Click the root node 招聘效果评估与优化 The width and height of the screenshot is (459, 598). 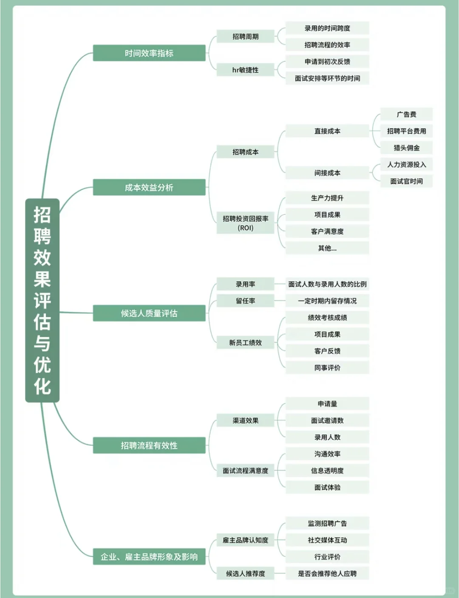tap(42, 300)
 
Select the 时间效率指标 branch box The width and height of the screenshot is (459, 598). tap(149, 53)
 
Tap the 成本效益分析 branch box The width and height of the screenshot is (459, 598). tap(149, 187)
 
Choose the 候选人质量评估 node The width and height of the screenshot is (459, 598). tap(149, 313)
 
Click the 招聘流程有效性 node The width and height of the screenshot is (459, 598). tap(149, 445)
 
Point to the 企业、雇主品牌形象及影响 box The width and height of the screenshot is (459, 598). tap(149, 556)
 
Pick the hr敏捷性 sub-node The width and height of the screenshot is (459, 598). tap(245, 70)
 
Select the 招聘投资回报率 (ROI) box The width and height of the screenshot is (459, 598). tap(245, 223)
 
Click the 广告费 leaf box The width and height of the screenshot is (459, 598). tap(406, 114)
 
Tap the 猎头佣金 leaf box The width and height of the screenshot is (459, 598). tap(406, 148)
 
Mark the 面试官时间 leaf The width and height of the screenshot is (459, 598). tap(406, 181)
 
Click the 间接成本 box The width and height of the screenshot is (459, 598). tap(327, 173)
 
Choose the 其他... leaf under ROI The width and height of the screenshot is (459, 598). tap(327, 248)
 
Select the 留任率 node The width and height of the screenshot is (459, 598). tap(245, 300)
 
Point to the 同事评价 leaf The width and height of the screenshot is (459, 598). tap(327, 368)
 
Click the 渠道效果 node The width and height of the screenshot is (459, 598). tap(245, 420)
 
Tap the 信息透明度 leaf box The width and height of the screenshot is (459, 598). tap(327, 470)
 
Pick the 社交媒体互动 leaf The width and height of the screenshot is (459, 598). tap(327, 540)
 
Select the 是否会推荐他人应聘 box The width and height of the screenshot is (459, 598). tap(327, 573)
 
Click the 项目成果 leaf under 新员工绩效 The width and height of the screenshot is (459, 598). tap(327, 334)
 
